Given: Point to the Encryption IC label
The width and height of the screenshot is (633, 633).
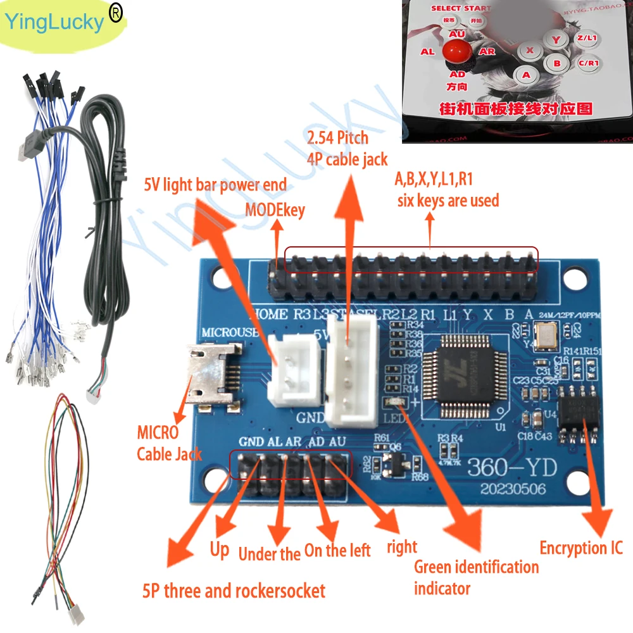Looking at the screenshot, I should pos(580,548).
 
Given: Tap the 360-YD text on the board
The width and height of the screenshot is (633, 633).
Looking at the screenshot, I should pos(511,467).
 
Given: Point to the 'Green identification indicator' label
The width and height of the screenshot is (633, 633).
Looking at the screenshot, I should pos(475,577).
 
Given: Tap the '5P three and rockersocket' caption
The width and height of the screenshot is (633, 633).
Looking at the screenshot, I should pos(234,591).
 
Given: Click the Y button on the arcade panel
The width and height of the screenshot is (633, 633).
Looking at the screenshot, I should pos(556,39).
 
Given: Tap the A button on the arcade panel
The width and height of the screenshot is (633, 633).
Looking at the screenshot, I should pos(525,74).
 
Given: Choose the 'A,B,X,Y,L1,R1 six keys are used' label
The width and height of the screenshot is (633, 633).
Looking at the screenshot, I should pos(447,190).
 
